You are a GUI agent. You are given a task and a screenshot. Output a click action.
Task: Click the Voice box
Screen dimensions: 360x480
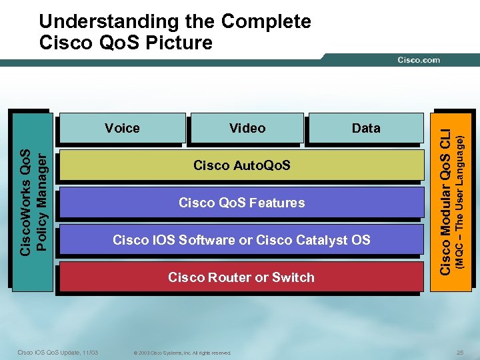tap(122, 128)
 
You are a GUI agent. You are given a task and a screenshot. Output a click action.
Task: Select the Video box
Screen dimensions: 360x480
tap(247, 128)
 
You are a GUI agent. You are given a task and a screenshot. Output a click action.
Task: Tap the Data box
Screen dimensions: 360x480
tap(365, 128)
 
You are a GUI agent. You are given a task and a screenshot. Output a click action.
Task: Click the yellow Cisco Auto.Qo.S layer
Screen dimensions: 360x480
tap(241, 165)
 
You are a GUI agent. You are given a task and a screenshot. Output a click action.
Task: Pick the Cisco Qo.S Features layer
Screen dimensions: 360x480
tap(241, 203)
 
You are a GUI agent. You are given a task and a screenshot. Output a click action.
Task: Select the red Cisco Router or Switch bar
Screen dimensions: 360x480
tap(241, 277)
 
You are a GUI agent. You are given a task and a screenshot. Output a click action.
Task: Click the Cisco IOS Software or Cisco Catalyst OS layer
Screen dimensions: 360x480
tap(241, 240)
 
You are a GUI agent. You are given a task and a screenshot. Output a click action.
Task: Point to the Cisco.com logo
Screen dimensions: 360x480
tap(419, 60)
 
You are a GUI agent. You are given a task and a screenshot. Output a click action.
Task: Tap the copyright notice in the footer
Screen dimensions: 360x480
tap(182, 353)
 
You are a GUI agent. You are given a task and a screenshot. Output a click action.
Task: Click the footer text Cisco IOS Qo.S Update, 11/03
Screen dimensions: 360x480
tap(57, 352)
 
